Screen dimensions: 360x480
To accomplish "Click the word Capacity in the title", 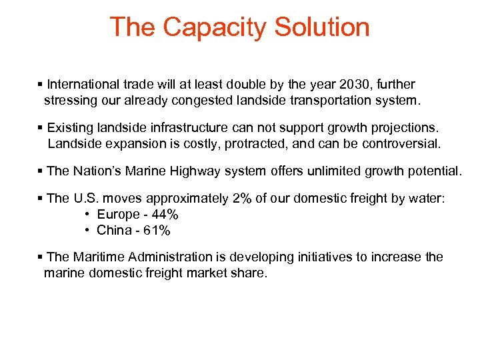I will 214,27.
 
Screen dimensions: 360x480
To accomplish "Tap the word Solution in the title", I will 322,27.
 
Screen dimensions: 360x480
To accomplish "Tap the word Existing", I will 70,127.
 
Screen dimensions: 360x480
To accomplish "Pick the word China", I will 114,231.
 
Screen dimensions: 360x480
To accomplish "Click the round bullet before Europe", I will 88,215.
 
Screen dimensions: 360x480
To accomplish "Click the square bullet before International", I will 41,85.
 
